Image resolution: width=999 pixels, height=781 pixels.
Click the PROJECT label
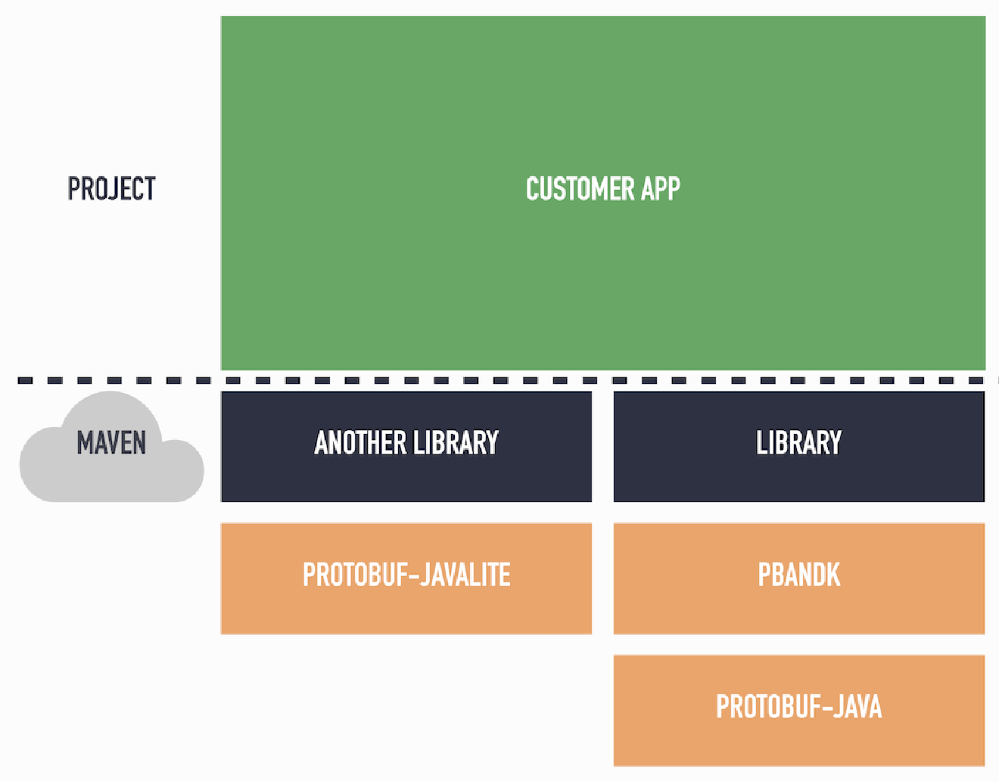pos(111,188)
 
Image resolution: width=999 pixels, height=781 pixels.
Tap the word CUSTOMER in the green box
pos(580,188)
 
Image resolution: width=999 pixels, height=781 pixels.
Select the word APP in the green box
pos(660,188)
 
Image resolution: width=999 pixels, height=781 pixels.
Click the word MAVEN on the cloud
pos(111,443)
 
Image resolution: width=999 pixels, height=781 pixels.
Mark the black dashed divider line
pos(499,380)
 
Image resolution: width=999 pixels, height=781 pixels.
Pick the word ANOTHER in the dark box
pos(360,443)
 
